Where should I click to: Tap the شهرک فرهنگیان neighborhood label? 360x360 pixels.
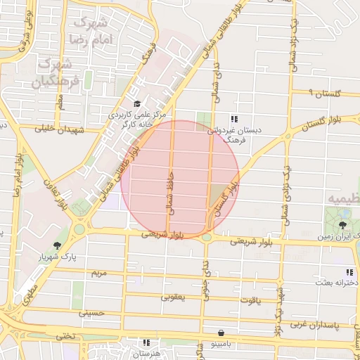(53, 72)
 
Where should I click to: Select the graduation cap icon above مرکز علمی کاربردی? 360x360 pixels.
(136, 104)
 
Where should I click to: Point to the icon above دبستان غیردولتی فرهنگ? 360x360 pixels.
(233, 118)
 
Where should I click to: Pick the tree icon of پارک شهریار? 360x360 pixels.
(57, 245)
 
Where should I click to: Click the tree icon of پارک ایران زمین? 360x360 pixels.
(342, 225)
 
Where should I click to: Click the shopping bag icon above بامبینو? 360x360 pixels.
(221, 333)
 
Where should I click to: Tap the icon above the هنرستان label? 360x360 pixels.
(146, 342)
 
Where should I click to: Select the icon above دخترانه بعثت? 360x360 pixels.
(348, 272)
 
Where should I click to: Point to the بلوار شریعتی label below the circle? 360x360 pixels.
(167, 236)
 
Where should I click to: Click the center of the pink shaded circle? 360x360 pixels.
(181, 179)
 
